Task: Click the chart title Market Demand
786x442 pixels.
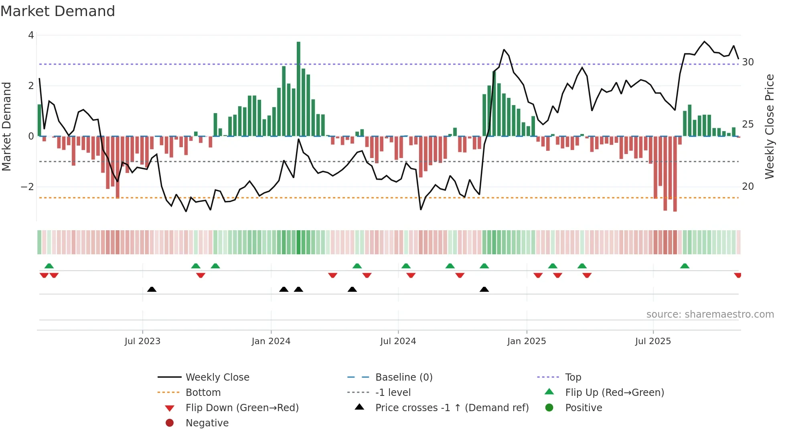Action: click(x=58, y=11)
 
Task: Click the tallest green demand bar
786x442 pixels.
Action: click(x=298, y=88)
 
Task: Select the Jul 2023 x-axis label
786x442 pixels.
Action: click(x=142, y=341)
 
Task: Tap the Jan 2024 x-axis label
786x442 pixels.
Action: click(x=271, y=341)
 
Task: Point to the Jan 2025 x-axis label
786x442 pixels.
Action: click(x=526, y=341)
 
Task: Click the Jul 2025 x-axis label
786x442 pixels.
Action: click(x=653, y=341)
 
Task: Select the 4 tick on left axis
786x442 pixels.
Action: click(x=31, y=35)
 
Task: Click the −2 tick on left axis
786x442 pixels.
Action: click(x=27, y=187)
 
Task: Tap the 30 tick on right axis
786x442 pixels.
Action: click(x=748, y=62)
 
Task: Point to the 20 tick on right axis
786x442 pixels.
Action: click(x=748, y=187)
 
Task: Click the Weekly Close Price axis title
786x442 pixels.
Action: click(x=769, y=126)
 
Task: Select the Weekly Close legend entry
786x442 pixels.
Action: click(x=217, y=377)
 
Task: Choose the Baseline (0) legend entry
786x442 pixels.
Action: click(x=403, y=377)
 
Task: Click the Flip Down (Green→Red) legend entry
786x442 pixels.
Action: click(x=242, y=408)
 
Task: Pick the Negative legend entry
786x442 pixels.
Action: click(x=207, y=423)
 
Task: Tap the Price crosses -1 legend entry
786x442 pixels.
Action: click(x=452, y=408)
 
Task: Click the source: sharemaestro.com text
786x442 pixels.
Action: click(x=710, y=314)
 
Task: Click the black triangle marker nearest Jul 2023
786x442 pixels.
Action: click(x=152, y=290)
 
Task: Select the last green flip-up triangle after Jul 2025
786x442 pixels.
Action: click(x=685, y=266)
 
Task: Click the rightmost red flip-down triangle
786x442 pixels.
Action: click(x=737, y=275)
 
